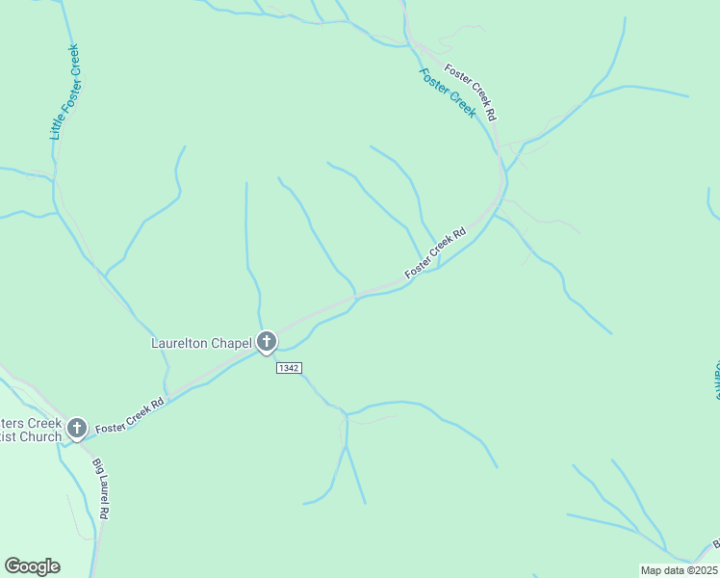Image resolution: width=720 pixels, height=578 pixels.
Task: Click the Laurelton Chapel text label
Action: (x=201, y=342)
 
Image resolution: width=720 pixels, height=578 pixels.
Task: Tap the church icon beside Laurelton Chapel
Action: (x=267, y=341)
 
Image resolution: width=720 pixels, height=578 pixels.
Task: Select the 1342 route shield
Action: (x=289, y=368)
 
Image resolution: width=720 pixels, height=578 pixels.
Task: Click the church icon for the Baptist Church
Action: (x=77, y=428)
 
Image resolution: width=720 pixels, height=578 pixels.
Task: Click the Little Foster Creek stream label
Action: (x=64, y=92)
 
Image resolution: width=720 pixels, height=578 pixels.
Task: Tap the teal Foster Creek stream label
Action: (x=448, y=92)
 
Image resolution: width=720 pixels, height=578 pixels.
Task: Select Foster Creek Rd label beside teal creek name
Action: (x=471, y=92)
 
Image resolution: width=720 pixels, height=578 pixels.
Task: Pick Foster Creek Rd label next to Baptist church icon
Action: (x=130, y=414)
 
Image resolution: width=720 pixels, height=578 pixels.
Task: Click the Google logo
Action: (x=32, y=566)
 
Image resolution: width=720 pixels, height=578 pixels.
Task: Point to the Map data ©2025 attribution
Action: (x=680, y=570)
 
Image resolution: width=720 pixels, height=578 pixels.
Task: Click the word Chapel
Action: (x=230, y=342)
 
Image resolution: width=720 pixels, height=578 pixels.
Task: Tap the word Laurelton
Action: (x=179, y=342)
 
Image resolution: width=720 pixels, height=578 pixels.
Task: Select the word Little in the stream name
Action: (x=57, y=126)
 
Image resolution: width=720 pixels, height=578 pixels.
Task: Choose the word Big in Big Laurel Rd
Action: (x=96, y=465)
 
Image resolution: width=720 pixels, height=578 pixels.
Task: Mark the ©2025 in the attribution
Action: (x=702, y=570)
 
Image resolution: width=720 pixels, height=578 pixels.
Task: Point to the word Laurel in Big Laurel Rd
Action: (x=100, y=487)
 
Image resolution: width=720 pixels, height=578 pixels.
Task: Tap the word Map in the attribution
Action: (x=652, y=570)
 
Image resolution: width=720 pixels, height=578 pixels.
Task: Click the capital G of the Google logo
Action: (x=13, y=565)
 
